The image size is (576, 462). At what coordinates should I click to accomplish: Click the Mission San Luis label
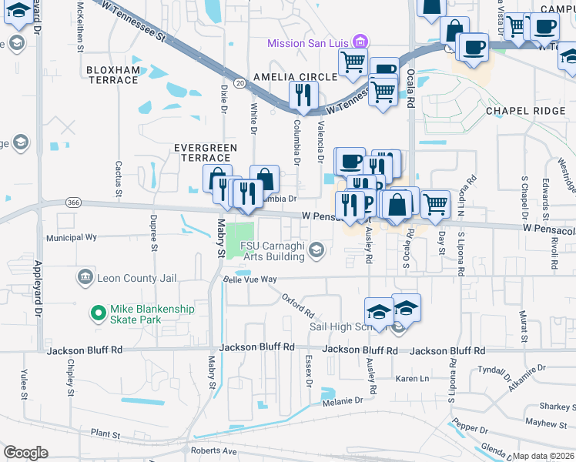pos(307,43)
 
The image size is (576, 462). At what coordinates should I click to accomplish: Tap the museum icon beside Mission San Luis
pos(358,42)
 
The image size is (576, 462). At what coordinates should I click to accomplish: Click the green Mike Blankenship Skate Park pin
pos(97,313)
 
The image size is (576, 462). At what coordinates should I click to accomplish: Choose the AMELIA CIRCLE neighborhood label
pos(296,77)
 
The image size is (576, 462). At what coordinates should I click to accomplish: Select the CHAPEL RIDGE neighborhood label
pos(525,111)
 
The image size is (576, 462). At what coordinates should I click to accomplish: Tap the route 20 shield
pos(240,82)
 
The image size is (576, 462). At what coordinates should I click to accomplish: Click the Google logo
pos(25,453)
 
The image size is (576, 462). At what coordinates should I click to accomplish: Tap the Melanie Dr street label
pos(343,401)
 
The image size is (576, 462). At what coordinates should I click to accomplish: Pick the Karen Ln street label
pos(412,379)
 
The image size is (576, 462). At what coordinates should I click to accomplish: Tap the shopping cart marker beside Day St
pos(435,204)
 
